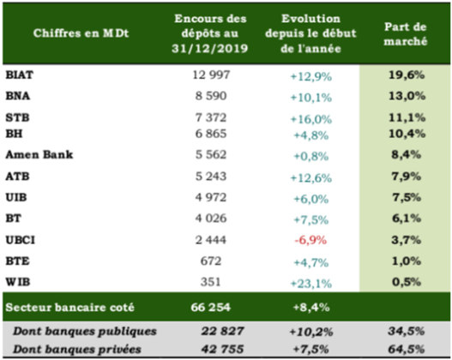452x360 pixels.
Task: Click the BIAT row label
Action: [21, 74]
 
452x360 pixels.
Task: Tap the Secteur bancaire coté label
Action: [66, 304]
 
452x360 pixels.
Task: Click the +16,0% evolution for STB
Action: [311, 116]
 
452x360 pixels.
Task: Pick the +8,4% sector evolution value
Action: [311, 304]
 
